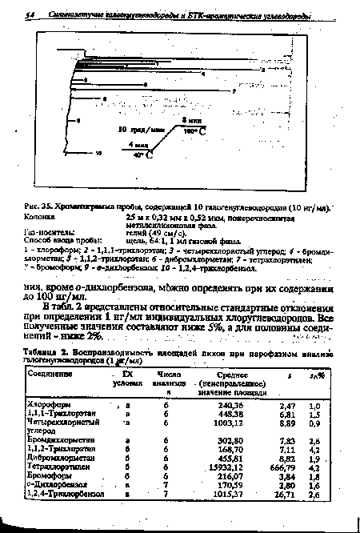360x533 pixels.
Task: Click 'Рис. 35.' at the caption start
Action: click(37, 207)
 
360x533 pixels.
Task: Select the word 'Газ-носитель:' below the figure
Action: click(47, 232)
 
